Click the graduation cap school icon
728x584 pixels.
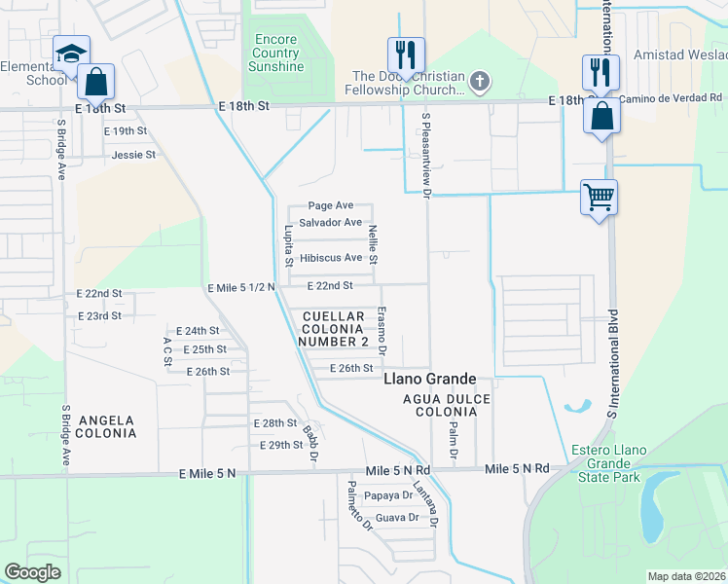pos(71,54)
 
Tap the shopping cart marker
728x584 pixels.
pos(599,197)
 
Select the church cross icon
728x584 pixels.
pos(479,83)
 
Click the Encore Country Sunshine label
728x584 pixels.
pos(275,53)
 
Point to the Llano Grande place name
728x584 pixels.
pos(429,378)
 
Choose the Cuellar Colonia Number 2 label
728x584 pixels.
pos(335,329)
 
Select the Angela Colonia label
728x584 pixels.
pos(101,426)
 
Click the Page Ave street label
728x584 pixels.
pos(330,205)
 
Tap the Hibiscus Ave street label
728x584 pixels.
pos(330,258)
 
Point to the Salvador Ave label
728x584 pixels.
pos(330,223)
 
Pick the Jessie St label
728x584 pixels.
pos(133,155)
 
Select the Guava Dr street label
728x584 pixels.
pos(396,518)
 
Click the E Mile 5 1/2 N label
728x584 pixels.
pos(242,287)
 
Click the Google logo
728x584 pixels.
pos(33,572)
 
